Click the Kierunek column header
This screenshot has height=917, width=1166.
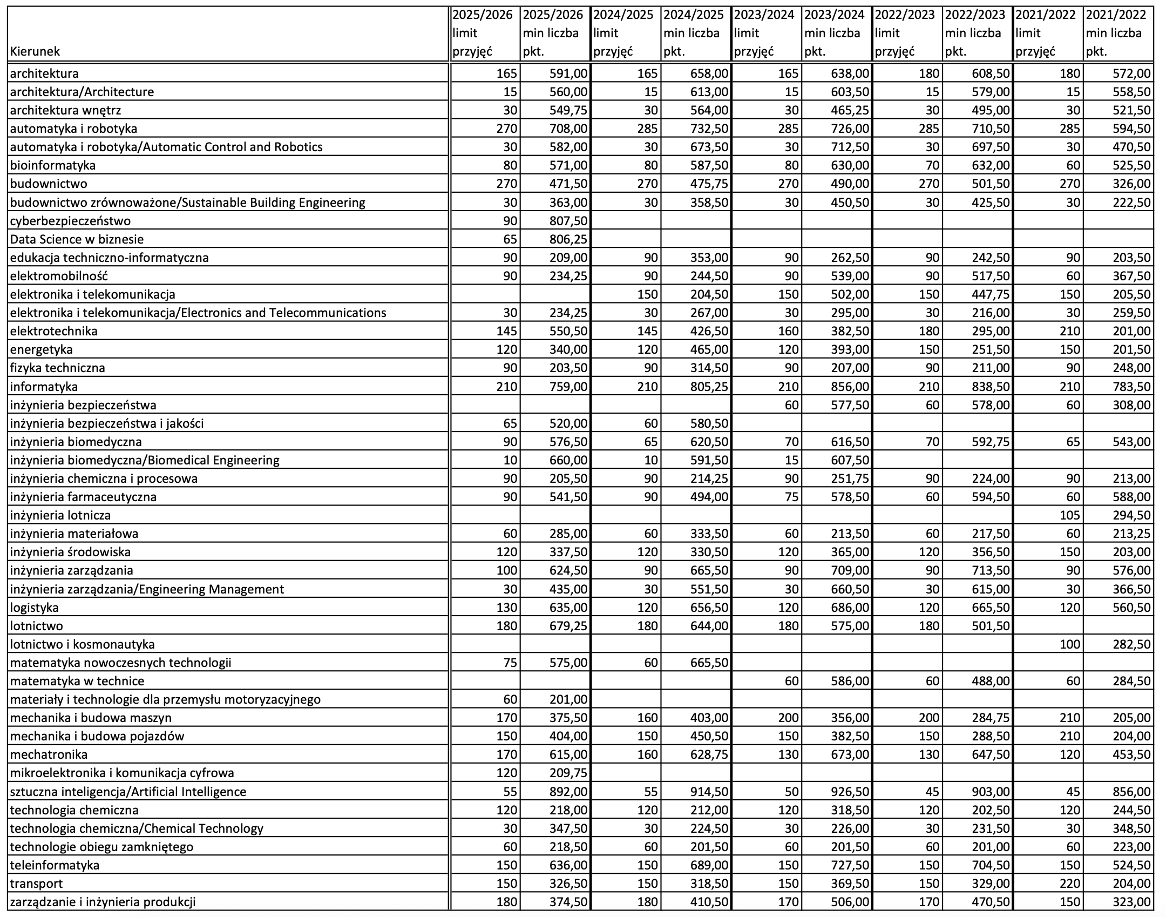(35, 51)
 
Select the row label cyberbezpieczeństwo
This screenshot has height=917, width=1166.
(70, 220)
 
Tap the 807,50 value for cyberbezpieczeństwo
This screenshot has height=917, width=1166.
(566, 220)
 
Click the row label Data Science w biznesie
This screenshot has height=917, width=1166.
(77, 239)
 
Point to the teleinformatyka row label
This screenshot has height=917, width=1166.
(55, 865)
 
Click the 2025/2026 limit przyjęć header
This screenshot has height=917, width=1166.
(484, 33)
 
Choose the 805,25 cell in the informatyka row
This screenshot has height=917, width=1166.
(707, 386)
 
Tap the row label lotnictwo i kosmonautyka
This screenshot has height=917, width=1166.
(82, 644)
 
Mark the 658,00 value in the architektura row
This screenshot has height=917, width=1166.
(707, 73)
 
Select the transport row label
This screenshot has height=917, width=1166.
(36, 883)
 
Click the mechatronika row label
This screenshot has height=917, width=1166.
(49, 754)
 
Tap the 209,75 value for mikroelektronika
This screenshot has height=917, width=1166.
(566, 772)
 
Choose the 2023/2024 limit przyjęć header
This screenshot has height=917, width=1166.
(765, 33)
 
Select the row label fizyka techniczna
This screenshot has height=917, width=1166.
(57, 368)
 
